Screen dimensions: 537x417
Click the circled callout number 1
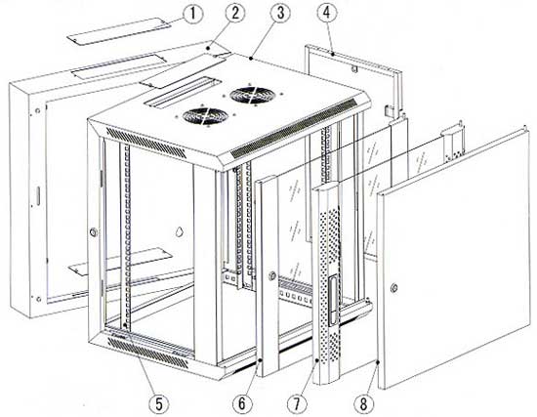[192, 15]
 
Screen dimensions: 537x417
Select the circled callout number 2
[235, 13]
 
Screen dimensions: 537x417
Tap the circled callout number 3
[280, 13]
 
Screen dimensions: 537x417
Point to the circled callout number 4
[327, 13]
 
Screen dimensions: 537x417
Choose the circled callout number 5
[159, 404]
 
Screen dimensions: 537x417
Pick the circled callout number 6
[242, 404]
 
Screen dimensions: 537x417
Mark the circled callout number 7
[297, 404]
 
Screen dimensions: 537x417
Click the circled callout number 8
[364, 403]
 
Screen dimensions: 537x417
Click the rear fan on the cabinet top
[253, 95]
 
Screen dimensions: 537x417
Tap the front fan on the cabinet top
[205, 116]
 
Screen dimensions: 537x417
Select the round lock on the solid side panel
[394, 288]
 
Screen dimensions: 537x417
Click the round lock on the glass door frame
[272, 274]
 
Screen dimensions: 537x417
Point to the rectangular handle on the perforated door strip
[332, 301]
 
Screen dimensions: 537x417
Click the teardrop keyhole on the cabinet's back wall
[179, 232]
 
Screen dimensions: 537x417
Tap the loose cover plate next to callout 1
[118, 31]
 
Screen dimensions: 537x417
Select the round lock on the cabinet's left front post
[93, 232]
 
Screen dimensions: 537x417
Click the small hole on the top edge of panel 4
[354, 69]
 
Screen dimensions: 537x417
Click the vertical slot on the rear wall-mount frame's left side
[38, 196]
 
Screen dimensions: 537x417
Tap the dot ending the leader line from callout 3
[251, 59]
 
